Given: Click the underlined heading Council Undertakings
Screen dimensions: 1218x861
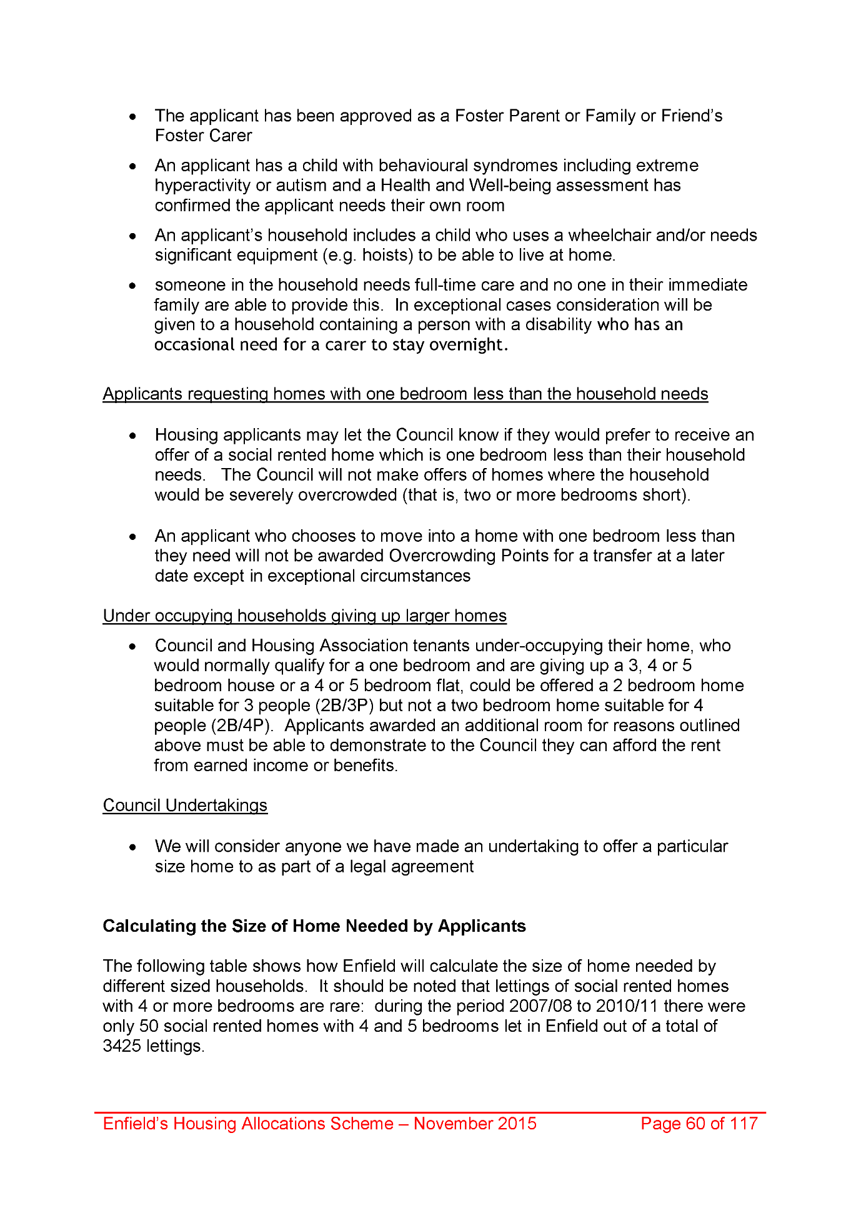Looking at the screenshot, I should (x=185, y=806).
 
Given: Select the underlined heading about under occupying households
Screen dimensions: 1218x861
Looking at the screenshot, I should (x=304, y=616).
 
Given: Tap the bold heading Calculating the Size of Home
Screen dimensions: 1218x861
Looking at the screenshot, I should (x=314, y=926).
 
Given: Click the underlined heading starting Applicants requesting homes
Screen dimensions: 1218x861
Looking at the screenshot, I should (x=406, y=394).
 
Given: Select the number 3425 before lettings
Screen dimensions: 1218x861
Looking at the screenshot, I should (x=122, y=1046).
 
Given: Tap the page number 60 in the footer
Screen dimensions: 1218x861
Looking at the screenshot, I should (x=695, y=1124).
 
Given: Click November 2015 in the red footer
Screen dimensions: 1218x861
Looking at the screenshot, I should (x=475, y=1124).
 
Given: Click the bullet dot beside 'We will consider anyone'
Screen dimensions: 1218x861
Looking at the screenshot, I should (x=132, y=847).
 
